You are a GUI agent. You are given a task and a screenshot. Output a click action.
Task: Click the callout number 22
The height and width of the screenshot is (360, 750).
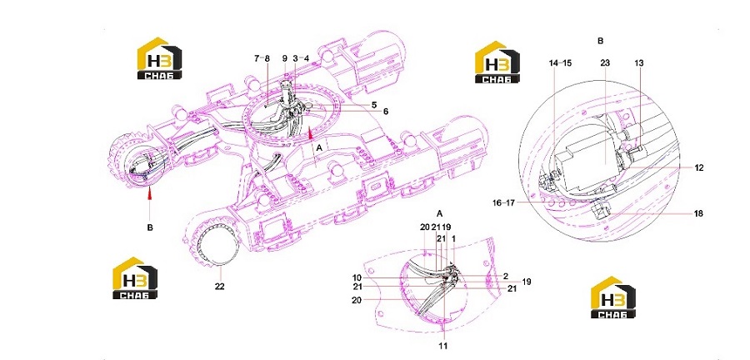click(x=219, y=287)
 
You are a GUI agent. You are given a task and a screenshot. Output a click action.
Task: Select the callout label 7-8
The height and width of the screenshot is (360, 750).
click(x=262, y=58)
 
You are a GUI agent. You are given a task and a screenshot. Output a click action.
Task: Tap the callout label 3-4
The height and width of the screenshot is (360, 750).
click(x=302, y=58)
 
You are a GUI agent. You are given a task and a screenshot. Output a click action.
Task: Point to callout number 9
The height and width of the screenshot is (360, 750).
click(x=285, y=58)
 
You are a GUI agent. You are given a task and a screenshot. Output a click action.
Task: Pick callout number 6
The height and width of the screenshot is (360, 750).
click(x=386, y=112)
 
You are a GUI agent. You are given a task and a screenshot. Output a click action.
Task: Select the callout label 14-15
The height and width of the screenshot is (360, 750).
click(x=560, y=63)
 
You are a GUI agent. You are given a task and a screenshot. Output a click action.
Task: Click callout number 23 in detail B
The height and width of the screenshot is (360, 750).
click(x=605, y=63)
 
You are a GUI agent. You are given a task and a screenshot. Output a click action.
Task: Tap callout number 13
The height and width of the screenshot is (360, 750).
click(x=639, y=63)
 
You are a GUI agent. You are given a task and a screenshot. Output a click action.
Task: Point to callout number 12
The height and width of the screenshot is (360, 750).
click(x=699, y=167)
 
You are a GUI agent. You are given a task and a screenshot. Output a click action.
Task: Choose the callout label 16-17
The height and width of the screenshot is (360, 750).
click(x=503, y=202)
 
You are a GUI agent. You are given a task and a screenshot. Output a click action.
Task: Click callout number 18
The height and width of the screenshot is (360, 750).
click(x=699, y=213)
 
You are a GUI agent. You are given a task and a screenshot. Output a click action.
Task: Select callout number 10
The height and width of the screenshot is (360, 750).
click(x=357, y=277)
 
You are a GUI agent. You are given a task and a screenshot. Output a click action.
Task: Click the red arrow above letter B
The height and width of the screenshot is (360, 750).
click(x=150, y=193)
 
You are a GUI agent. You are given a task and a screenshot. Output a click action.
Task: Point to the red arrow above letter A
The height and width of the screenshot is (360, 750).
click(x=311, y=131)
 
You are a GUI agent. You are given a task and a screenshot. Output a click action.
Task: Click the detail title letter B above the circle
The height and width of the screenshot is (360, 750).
click(x=601, y=41)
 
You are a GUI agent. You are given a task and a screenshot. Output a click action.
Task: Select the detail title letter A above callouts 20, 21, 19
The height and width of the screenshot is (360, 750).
click(x=440, y=212)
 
